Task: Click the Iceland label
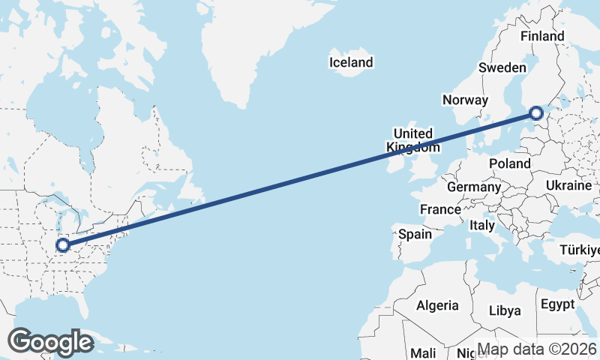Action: (351, 62)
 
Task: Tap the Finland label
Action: (542, 36)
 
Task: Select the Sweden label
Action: (502, 67)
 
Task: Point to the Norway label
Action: (465, 100)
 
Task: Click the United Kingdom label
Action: (412, 139)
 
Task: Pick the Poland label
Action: (509, 163)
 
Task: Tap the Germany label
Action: (473, 187)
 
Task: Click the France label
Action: (440, 209)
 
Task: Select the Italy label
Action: (481, 225)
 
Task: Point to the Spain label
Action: (415, 234)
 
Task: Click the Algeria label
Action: (437, 305)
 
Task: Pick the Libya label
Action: (504, 310)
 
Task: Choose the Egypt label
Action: (556, 304)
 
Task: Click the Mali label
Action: (423, 352)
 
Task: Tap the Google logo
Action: (50, 342)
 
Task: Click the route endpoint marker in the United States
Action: (63, 244)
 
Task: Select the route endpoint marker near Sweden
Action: (535, 113)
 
